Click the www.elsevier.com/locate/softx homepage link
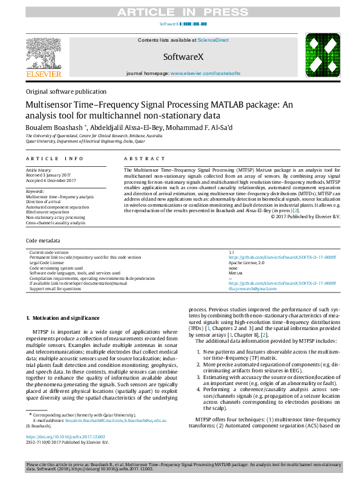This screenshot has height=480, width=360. coord(205,73)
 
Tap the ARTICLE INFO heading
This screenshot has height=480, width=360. coord(54,158)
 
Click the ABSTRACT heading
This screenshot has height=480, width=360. coord(136,158)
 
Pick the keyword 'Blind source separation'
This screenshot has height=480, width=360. coord(47,212)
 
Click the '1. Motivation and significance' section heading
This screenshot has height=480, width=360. coord(63,318)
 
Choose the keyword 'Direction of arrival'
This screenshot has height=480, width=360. coord(44,202)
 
